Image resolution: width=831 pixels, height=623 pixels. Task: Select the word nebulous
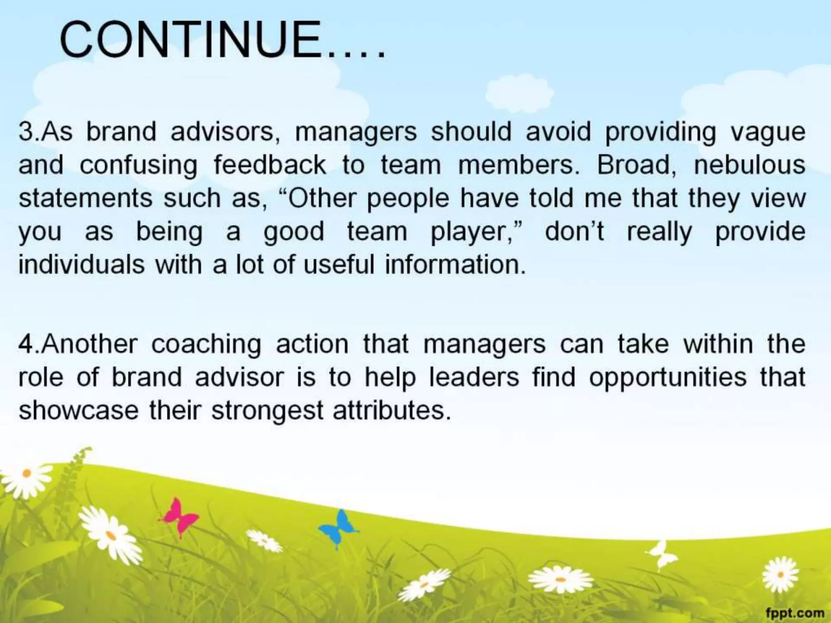749,165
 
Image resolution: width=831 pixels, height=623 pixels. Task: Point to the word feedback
270,165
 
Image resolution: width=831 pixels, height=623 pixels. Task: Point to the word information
455,265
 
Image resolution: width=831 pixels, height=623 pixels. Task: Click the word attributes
392,410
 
